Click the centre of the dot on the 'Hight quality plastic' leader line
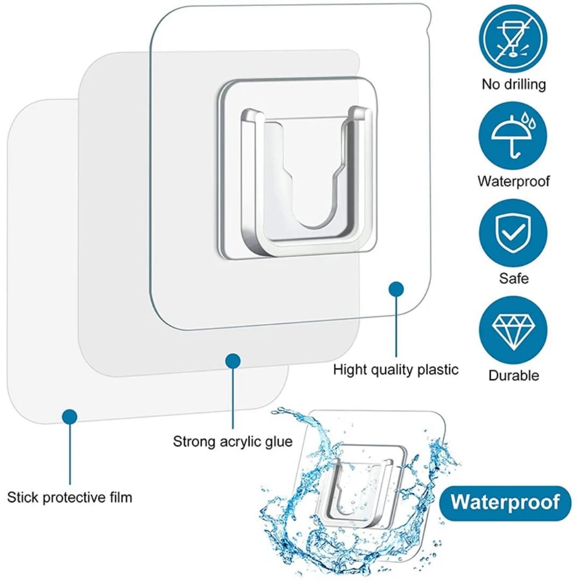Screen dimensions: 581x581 click(396, 289)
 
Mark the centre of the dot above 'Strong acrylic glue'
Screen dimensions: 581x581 click(233, 361)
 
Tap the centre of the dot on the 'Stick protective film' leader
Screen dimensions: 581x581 click(69, 416)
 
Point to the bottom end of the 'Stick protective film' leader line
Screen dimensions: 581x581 click(69, 484)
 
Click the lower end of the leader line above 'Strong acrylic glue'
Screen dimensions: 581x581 click(233, 428)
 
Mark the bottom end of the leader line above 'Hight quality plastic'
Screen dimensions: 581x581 click(396, 357)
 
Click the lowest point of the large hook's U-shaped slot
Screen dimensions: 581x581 click(313, 227)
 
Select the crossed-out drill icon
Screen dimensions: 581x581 click(513, 39)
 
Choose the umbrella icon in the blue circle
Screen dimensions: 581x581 click(513, 136)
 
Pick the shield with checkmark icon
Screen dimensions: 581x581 click(513, 233)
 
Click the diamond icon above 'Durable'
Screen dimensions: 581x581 click(513, 330)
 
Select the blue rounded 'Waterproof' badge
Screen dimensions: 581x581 click(505, 503)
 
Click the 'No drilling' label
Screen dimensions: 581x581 click(514, 84)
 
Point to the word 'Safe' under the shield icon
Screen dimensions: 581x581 click(514, 278)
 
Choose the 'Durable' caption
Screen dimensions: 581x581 click(514, 375)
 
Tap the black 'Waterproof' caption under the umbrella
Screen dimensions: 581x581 click(514, 182)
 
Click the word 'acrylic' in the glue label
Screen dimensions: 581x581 click(241, 442)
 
